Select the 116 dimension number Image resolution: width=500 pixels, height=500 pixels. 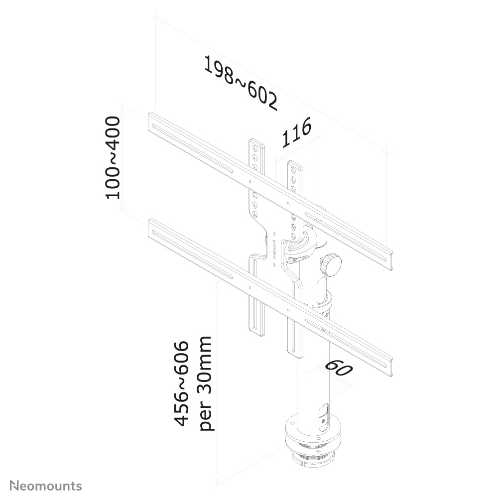point(297,132)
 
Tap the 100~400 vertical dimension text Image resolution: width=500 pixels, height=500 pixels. point(113,157)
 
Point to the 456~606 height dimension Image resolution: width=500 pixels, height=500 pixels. point(183,383)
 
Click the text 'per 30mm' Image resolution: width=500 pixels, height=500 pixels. point(205,383)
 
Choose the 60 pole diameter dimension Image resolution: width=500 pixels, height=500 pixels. point(339,369)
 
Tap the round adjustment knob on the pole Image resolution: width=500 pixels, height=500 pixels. point(329,263)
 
